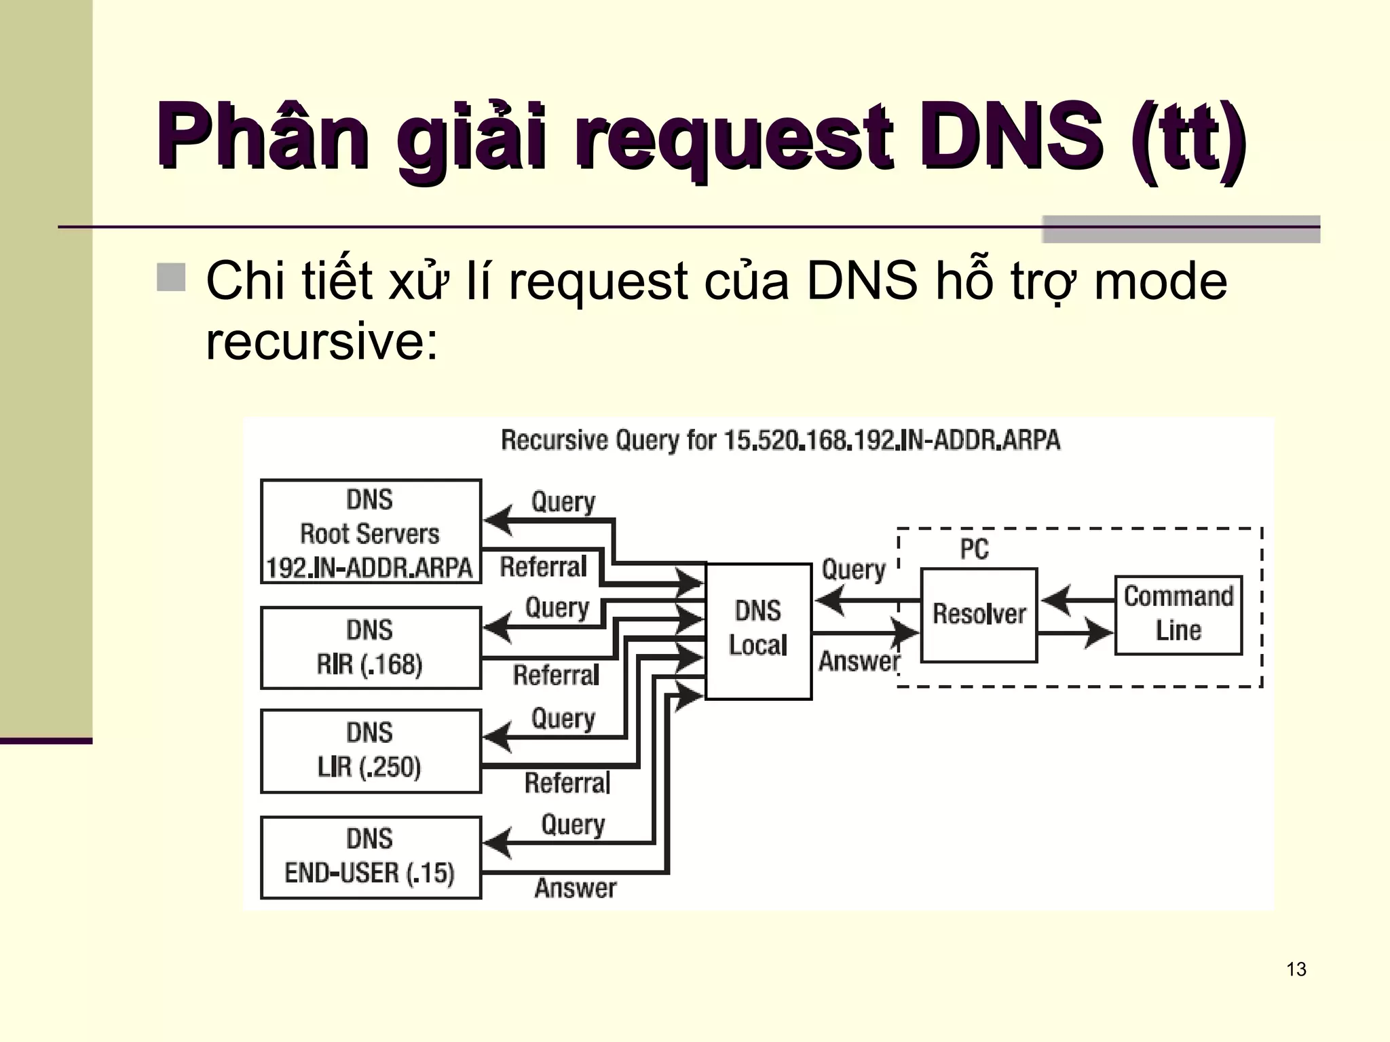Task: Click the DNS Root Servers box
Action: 371,532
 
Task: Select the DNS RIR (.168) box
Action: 371,648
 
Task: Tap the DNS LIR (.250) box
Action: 371,751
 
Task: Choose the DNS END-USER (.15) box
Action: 371,857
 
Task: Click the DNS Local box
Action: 758,631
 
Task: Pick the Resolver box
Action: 979,615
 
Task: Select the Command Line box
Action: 1178,615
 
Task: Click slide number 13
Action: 1296,969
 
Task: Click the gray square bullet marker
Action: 171,277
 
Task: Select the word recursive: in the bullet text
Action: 322,341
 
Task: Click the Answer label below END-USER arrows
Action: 575,888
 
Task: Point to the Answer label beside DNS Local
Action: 859,661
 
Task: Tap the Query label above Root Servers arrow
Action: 563,502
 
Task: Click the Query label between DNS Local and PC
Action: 853,570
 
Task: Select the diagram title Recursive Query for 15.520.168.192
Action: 780,440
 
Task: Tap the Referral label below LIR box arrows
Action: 567,784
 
